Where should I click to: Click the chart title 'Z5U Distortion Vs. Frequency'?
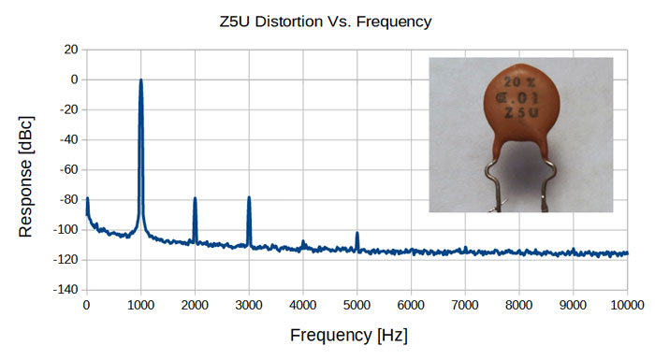(x=326, y=22)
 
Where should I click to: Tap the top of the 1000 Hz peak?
(x=140, y=79)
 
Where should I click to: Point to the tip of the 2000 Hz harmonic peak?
(x=195, y=198)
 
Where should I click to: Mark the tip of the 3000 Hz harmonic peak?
(x=249, y=197)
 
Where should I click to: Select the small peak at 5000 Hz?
(x=357, y=233)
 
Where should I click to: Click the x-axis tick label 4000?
(x=303, y=305)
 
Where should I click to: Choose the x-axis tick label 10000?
(x=627, y=305)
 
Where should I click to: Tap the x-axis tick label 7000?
(x=465, y=305)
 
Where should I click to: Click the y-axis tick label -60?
(x=69, y=169)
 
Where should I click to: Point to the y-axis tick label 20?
(x=71, y=50)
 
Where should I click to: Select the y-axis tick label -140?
(x=66, y=290)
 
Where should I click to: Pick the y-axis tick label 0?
(x=74, y=79)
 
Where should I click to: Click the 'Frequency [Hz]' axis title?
(x=349, y=336)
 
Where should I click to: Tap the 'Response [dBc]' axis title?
(x=25, y=177)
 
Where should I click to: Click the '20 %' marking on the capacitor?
(x=519, y=82)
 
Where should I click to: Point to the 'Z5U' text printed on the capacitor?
(x=521, y=112)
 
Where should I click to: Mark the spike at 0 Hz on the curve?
(x=87, y=199)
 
